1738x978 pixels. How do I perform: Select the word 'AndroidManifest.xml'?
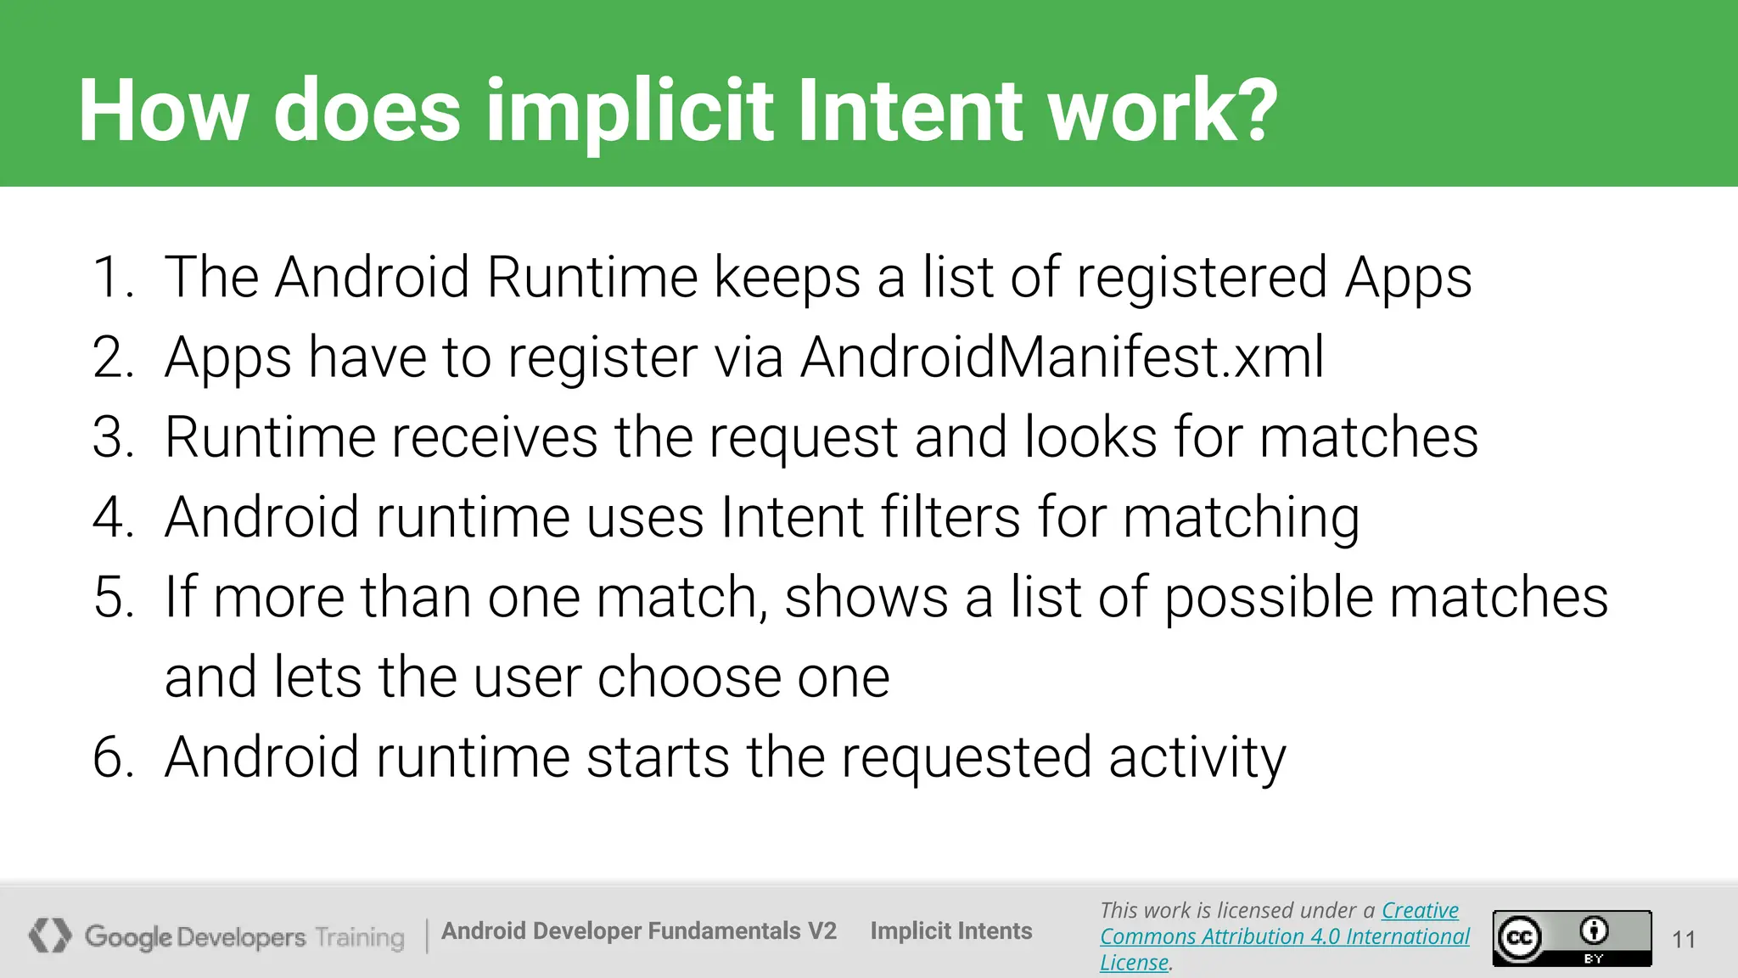pos(1062,357)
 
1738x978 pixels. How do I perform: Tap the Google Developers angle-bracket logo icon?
pos(50,936)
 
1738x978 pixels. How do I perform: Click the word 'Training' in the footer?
pos(360,938)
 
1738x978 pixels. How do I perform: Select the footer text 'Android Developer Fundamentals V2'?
pos(639,931)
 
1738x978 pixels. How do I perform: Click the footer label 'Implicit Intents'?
pos(950,931)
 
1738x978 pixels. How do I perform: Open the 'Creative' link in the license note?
pos(1420,910)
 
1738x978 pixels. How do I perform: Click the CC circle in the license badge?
pos(1519,938)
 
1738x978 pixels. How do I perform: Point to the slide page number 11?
pos(1684,939)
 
